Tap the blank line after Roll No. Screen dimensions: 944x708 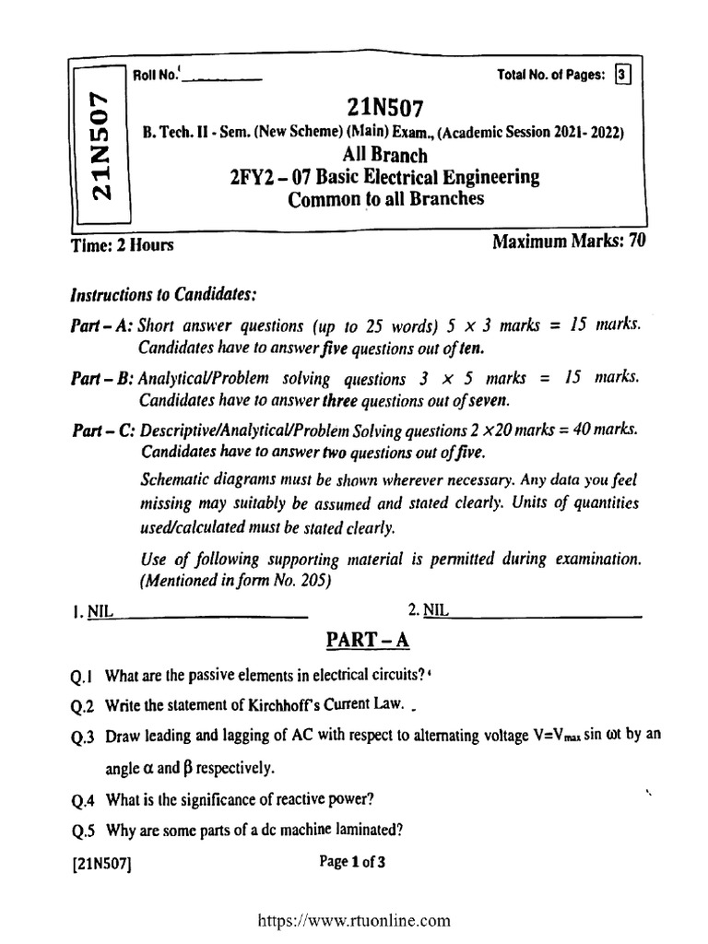(x=222, y=79)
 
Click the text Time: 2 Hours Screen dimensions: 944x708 (x=122, y=245)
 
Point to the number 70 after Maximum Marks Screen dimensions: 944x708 (x=636, y=242)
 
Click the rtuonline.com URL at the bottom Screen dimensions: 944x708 (x=354, y=919)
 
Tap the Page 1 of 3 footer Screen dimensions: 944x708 (x=351, y=863)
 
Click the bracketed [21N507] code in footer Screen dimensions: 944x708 (x=102, y=865)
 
